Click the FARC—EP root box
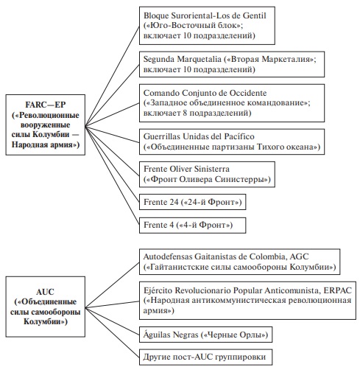[46, 125]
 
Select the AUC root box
[46, 307]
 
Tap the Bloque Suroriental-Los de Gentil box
[207, 26]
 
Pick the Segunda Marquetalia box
[232, 64]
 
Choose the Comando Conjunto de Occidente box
[232, 103]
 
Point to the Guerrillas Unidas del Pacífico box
[232, 141]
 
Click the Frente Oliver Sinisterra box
[207, 175]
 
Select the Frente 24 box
[193, 202]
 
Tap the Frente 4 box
[193, 225]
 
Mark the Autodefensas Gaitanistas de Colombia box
[240, 262]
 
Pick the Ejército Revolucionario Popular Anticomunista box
[247, 301]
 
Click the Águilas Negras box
[206, 335]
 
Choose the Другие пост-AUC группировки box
[206, 357]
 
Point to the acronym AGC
[299, 256]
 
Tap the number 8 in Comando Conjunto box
[186, 113]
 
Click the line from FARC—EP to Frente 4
[112, 175]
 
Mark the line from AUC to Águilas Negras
[112, 321]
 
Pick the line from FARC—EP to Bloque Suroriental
[112, 76]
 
